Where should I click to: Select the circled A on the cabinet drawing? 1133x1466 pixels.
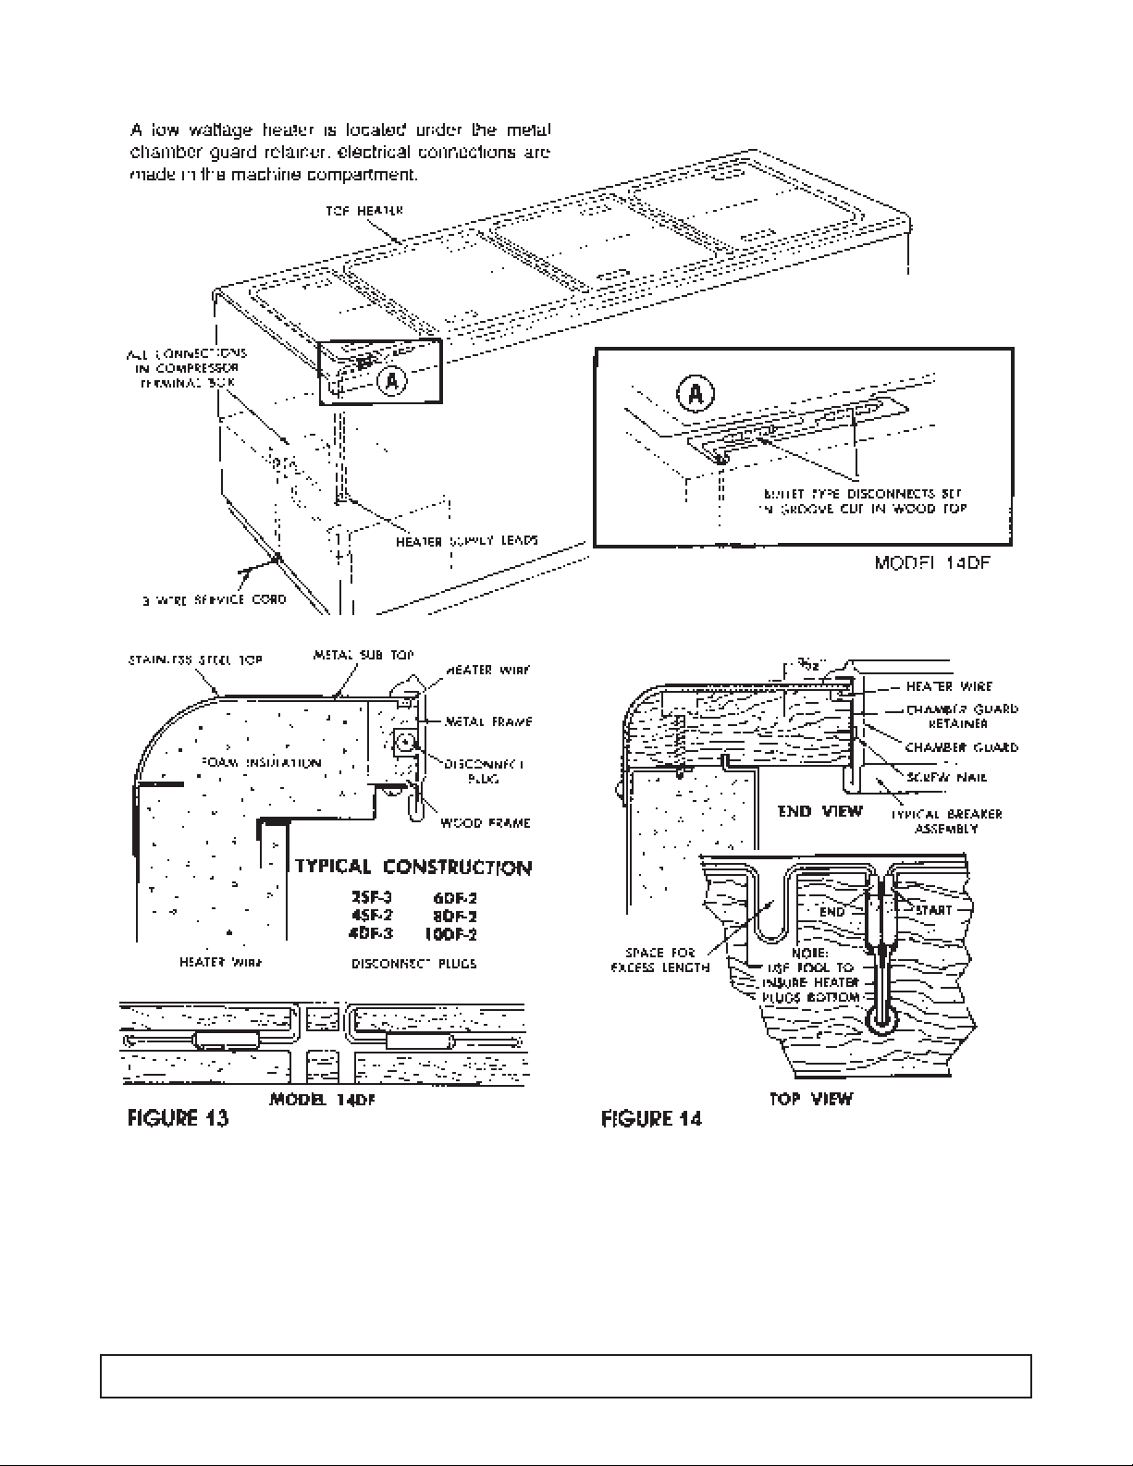click(x=392, y=380)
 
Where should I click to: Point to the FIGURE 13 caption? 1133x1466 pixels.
click(x=178, y=1118)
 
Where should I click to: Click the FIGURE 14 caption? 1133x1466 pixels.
click(x=651, y=1119)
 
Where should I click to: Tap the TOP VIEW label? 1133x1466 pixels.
click(x=811, y=1099)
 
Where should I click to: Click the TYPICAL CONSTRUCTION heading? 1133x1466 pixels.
click(x=413, y=868)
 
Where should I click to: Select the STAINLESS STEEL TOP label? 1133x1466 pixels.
click(x=194, y=659)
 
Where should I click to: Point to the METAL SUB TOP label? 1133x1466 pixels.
click(x=363, y=655)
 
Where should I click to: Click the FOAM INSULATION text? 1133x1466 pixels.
click(x=260, y=763)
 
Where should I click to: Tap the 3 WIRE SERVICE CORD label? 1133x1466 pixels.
click(x=214, y=599)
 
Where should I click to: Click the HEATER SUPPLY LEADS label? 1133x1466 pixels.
click(x=467, y=541)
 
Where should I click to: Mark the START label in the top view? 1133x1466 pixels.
click(x=932, y=910)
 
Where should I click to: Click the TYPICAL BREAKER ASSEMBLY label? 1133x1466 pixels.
click(x=946, y=821)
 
